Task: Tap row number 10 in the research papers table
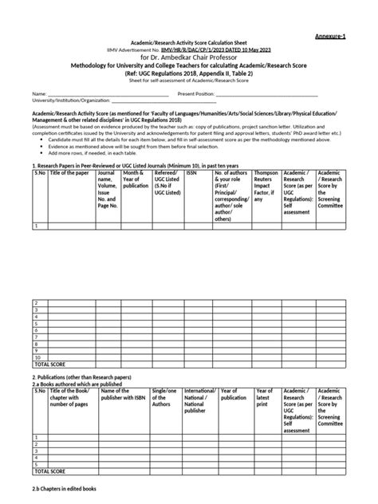tap(36, 356)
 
